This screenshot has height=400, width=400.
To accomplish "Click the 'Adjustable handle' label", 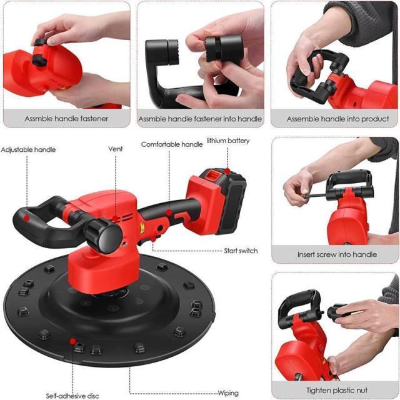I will [x=28, y=150].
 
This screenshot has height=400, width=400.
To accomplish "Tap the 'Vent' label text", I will [x=115, y=149].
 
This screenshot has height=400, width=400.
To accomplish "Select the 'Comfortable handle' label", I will [x=172, y=144].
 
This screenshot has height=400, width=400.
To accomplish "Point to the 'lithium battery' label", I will [x=228, y=141].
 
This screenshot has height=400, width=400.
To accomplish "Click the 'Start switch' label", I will [x=241, y=251].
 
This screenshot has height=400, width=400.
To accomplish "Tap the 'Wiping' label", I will [x=227, y=393].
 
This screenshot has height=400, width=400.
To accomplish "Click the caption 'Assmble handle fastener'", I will [x=66, y=118].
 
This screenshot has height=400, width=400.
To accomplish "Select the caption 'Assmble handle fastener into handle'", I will [x=200, y=118].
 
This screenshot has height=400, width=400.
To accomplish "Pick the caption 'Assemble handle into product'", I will [x=337, y=118].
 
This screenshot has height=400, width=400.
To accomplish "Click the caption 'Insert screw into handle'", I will [x=337, y=255].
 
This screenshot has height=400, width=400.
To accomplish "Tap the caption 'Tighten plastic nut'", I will [x=336, y=391].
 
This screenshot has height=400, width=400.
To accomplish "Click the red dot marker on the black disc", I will [x=73, y=342].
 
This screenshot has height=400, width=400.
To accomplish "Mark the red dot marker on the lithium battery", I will [x=228, y=170].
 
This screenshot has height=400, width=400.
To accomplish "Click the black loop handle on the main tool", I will [x=37, y=216].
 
